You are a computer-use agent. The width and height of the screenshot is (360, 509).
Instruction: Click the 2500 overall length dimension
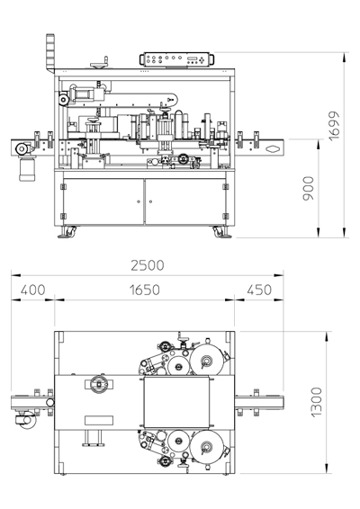tap(148, 265)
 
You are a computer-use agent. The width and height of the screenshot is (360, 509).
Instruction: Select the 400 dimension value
tap(32, 290)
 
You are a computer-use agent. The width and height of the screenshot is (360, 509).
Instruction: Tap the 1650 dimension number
tap(145, 290)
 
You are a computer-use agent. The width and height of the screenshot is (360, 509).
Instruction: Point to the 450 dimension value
tap(259, 290)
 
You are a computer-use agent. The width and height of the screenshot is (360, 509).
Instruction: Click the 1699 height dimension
tap(334, 126)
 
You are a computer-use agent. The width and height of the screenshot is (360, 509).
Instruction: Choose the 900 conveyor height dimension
tap(309, 188)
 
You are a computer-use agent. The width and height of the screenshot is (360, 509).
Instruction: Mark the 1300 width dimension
tap(316, 402)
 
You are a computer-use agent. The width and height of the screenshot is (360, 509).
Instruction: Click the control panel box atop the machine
tap(177, 59)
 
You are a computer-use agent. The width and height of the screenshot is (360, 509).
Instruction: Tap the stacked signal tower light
tap(50, 53)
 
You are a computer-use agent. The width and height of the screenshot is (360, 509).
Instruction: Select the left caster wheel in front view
tap(67, 232)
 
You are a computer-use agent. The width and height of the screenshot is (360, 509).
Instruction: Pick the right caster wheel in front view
tap(221, 232)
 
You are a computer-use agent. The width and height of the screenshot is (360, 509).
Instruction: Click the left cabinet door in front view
tap(103, 201)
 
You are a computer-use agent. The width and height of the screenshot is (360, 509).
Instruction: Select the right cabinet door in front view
tap(185, 201)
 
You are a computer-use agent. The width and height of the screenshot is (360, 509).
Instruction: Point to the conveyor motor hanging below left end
tap(27, 167)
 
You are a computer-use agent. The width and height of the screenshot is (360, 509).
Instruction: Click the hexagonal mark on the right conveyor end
tap(272, 149)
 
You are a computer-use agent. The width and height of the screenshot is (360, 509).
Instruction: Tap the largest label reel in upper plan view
tap(207, 361)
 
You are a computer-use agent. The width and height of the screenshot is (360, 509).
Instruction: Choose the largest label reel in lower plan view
tap(207, 446)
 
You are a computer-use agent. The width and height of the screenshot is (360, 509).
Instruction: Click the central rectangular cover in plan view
tap(176, 402)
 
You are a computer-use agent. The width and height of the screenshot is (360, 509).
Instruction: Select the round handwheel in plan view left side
tap(99, 384)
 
